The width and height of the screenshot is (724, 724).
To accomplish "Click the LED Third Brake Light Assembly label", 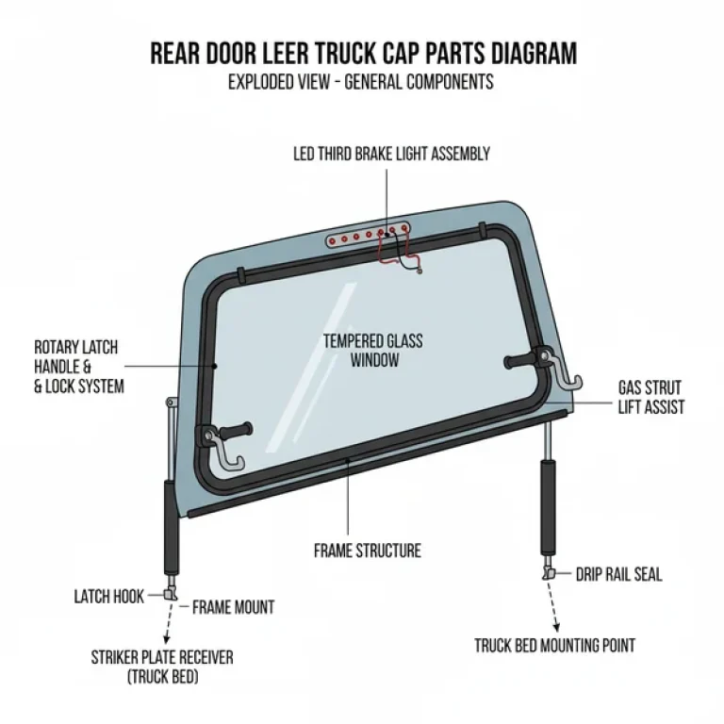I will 391,154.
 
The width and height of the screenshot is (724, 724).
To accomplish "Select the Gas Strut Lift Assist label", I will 650,397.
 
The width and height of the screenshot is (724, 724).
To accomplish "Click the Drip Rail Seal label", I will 618,574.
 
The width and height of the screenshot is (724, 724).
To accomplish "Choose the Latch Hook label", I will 108,596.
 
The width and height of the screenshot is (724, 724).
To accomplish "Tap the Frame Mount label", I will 233,607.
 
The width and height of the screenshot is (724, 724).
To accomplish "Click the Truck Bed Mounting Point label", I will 554,646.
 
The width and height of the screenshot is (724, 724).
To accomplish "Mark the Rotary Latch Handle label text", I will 77,367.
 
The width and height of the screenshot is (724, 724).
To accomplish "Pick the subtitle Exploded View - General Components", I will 360,82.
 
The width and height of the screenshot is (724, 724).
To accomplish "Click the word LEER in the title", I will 296,53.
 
